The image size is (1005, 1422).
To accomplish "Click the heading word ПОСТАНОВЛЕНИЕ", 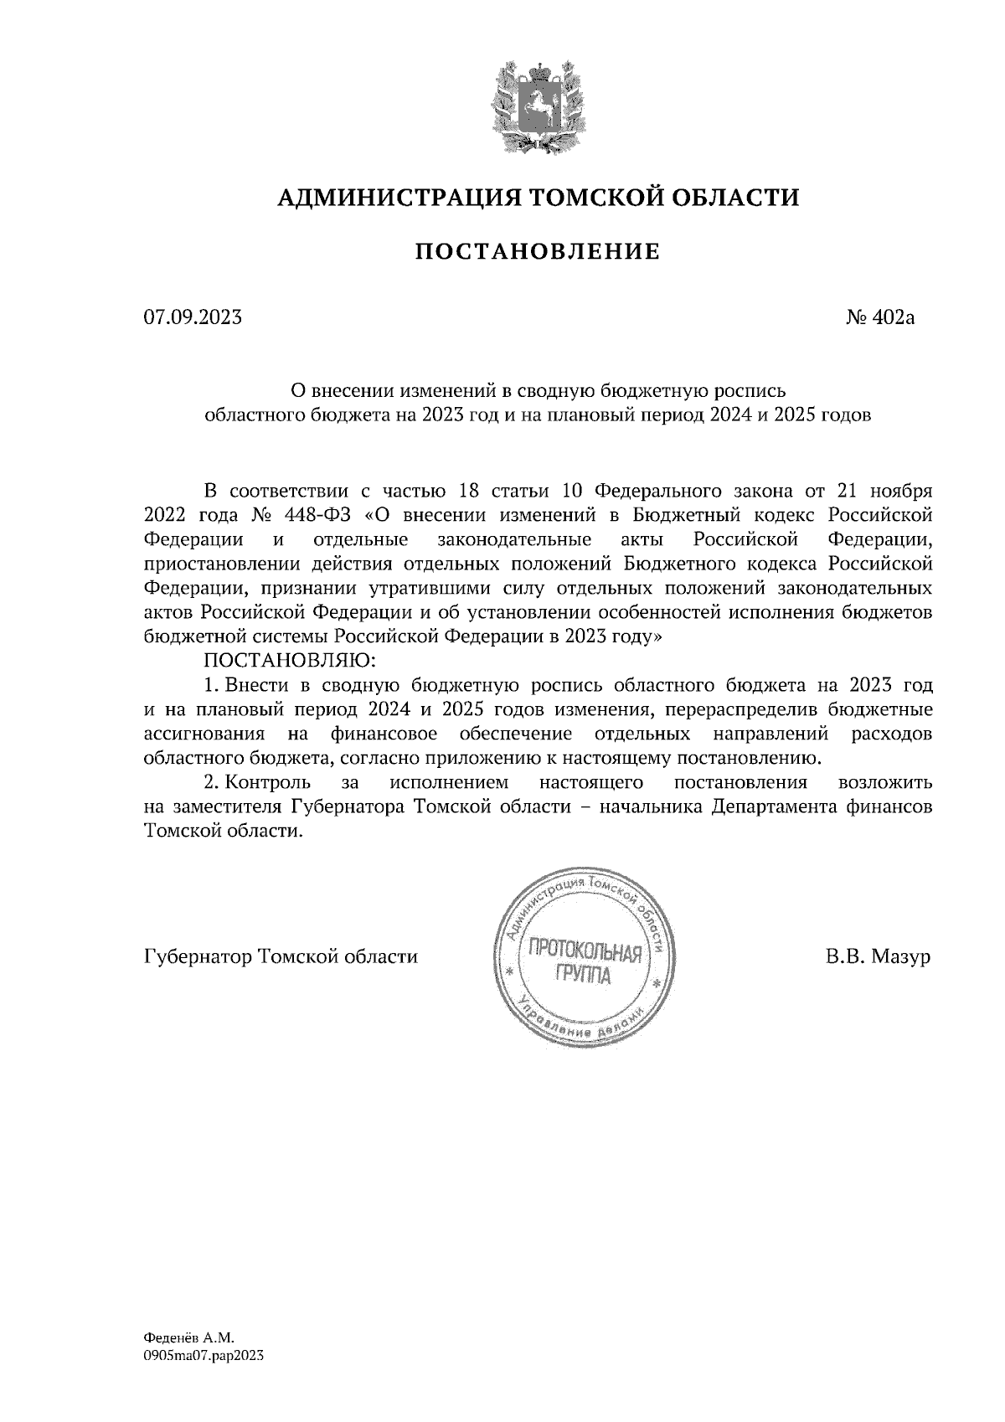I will point(537,251).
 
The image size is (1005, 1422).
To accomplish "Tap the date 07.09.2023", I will point(193,317).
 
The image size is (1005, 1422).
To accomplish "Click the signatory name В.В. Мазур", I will point(878,956).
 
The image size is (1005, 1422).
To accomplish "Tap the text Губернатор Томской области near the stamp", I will point(281,956).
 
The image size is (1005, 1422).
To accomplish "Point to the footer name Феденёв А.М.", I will point(185,1338).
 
